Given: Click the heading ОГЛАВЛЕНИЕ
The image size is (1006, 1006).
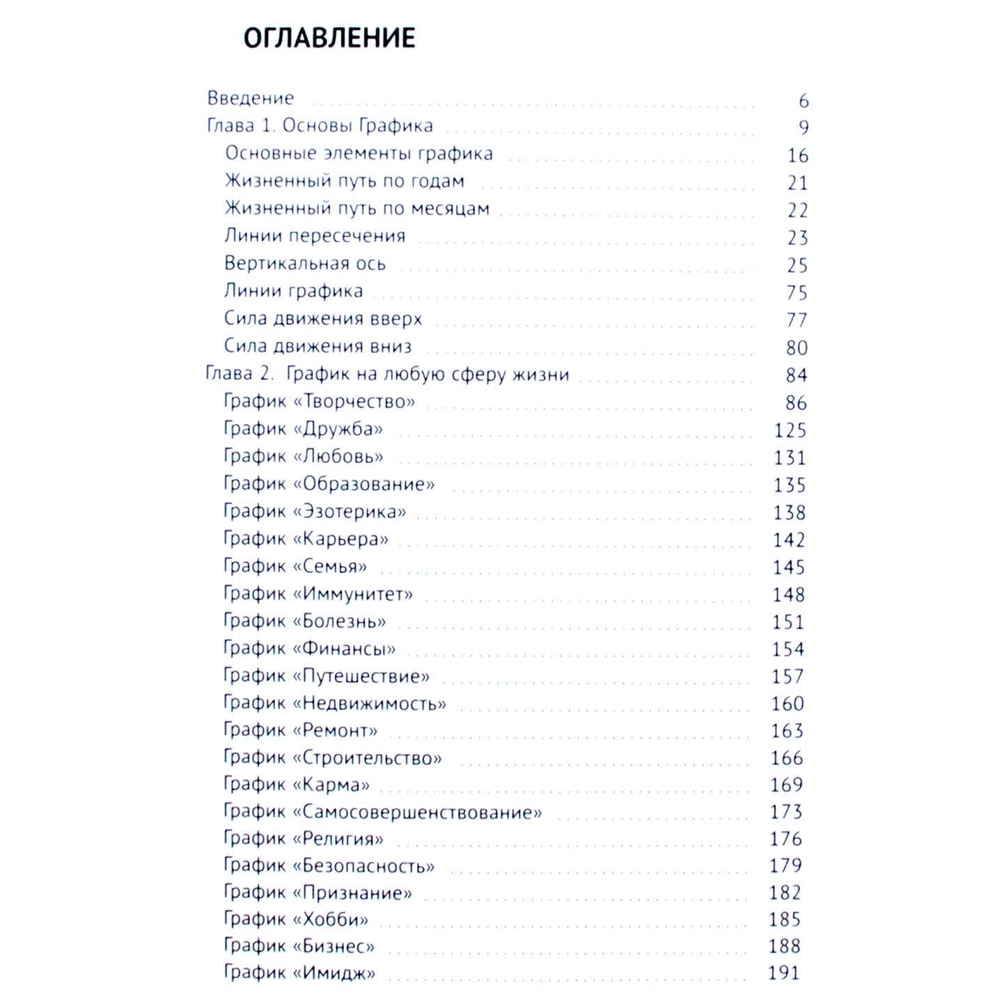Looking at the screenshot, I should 329,38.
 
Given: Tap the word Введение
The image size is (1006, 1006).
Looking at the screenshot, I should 251,98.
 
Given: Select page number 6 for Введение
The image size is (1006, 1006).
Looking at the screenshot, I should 803,101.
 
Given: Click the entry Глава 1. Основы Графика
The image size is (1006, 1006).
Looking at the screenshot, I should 320,126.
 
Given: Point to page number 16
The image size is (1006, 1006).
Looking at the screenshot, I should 798,155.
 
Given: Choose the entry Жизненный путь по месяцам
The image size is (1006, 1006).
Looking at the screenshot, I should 356,208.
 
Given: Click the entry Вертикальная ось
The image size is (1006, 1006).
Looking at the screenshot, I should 304,263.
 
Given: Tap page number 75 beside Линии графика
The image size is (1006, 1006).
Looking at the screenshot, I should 797,292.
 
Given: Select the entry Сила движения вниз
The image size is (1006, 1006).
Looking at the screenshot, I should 317,346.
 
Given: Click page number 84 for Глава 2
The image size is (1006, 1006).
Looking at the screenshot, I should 796,375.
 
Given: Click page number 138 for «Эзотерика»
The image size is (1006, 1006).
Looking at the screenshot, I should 789,512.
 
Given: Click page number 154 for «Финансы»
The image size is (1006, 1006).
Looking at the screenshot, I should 788,649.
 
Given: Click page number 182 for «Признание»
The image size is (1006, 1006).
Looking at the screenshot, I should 785,893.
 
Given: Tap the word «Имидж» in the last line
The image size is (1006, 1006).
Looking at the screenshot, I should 334,973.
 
